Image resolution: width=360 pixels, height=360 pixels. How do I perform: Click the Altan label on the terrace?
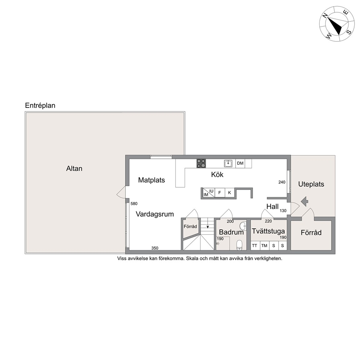[x=74, y=168]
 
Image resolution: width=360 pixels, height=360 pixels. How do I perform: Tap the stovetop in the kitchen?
[x=201, y=163]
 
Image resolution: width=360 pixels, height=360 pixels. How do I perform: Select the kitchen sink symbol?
[x=228, y=163]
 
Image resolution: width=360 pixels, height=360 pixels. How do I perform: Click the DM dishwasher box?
[x=240, y=163]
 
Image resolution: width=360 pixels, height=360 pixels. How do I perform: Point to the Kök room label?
[x=217, y=175]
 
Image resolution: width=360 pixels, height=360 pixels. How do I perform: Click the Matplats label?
[x=152, y=180]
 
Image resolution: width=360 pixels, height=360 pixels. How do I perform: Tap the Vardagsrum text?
[x=155, y=214]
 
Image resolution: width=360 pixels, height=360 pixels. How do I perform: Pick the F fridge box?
[x=220, y=193]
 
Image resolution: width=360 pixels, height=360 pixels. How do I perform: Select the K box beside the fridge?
[x=229, y=193]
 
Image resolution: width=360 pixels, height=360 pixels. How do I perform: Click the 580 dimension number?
[x=134, y=204]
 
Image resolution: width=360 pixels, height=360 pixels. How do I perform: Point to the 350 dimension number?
[x=155, y=248]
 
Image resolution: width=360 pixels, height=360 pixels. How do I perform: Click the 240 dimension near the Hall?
[x=282, y=182]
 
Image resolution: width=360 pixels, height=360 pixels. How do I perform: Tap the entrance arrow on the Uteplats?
[x=304, y=201]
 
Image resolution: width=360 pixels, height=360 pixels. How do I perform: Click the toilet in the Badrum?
[x=239, y=245]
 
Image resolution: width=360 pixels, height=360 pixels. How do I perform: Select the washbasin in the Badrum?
[x=243, y=226]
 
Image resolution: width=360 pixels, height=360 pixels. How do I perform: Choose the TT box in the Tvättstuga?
[x=255, y=246]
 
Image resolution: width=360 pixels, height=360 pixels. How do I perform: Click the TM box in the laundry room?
[x=264, y=246]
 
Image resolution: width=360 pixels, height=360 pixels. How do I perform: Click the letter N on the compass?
[x=325, y=15]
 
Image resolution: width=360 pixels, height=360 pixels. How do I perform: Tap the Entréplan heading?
[x=40, y=105]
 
